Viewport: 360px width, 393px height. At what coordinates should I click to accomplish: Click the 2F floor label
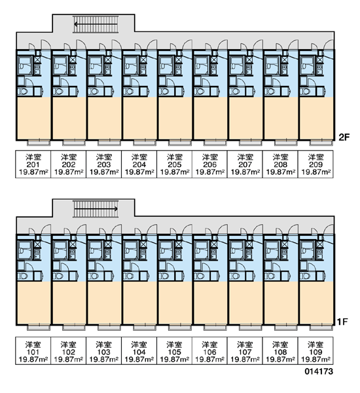tap(344, 137)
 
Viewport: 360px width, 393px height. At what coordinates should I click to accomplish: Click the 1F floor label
tap(342, 322)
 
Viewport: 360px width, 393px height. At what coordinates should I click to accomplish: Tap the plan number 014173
tap(319, 371)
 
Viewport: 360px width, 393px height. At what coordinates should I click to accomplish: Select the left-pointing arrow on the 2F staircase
tap(96, 24)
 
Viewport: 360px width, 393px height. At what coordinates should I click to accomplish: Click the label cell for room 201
tap(33, 164)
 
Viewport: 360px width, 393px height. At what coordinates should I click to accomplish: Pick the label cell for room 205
tap(174, 164)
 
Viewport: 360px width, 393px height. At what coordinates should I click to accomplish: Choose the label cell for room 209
tap(315, 164)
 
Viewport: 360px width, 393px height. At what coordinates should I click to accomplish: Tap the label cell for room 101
tap(33, 350)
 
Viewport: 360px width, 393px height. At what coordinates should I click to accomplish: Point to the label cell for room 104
tap(139, 350)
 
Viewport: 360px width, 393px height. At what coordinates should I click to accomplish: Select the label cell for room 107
tap(245, 350)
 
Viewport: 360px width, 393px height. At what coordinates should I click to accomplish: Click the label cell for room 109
tap(315, 350)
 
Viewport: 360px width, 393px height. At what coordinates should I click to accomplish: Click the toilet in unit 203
tap(94, 92)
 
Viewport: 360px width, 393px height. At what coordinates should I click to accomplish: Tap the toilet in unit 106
tap(200, 276)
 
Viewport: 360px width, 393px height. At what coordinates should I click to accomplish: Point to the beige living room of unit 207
tap(245, 119)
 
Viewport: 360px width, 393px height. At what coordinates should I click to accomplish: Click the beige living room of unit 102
tap(69, 303)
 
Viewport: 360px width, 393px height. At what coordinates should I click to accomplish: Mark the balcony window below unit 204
tap(145, 143)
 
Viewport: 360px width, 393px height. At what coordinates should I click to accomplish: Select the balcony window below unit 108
tap(286, 327)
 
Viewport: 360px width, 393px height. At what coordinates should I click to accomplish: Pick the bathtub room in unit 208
tap(272, 65)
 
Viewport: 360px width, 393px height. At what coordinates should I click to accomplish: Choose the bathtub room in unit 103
tap(95, 250)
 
